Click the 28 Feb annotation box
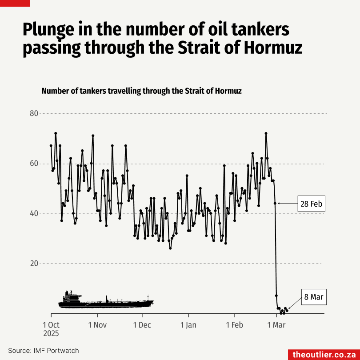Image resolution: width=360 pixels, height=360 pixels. point(311,204)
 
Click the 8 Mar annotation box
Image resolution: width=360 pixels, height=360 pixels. point(313,297)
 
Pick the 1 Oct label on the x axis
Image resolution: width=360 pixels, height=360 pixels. point(51,325)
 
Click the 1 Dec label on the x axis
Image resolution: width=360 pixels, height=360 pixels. point(142,325)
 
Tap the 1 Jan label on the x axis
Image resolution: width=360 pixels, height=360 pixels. point(188,325)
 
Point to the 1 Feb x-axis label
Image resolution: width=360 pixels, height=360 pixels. point(234,325)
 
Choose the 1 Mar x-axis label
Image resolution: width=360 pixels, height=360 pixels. point(276,325)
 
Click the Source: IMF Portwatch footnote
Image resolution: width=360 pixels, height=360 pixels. point(43,351)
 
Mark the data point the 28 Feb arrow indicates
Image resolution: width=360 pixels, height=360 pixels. point(275,203)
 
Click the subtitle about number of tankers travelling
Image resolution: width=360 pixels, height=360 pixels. point(141,91)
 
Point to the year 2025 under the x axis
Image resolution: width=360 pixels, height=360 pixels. point(51,333)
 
